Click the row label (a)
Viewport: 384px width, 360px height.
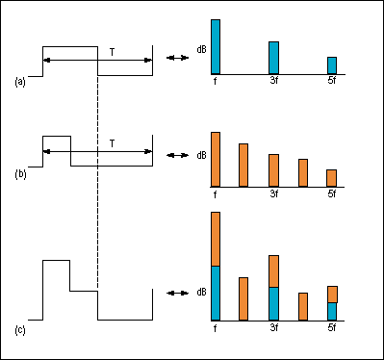(20, 83)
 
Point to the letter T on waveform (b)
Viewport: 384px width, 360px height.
(113, 143)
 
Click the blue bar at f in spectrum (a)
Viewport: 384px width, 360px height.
(216, 46)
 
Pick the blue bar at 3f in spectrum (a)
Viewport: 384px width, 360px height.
(273, 58)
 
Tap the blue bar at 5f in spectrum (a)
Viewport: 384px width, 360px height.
(332, 65)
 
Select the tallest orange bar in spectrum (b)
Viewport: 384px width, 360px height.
(216, 159)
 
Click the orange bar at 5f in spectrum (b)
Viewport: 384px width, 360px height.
(332, 177)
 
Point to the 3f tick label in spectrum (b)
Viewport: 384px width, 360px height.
(273, 193)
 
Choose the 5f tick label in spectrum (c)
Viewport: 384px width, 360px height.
(332, 328)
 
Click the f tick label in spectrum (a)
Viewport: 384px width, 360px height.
(216, 82)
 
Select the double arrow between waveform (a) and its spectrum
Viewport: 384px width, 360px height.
(177, 60)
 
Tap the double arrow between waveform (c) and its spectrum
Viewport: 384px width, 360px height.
(177, 293)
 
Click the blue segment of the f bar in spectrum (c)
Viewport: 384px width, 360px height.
(216, 293)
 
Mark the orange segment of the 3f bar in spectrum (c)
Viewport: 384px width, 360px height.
(273, 270)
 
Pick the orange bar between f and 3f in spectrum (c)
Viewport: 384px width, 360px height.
(243, 298)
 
